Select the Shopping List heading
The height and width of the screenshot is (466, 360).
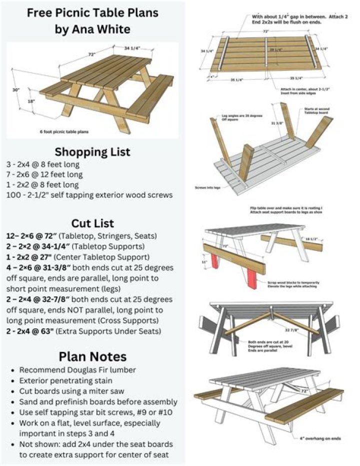92,151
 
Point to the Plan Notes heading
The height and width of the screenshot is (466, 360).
92,356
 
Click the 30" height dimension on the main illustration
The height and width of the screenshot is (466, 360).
16,90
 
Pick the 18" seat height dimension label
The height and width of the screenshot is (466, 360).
31,102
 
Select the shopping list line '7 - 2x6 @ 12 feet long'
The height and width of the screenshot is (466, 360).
44,175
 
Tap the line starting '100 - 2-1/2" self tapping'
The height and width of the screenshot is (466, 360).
89,195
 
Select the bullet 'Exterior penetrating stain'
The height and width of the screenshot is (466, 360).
63,380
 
